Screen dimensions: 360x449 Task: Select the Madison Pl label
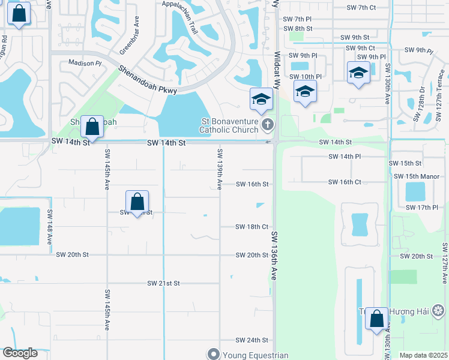(x=85, y=63)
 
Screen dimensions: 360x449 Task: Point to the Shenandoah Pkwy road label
(x=147, y=78)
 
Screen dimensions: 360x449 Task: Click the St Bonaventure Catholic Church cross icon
(x=268, y=125)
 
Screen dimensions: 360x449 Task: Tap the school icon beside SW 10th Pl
(x=304, y=92)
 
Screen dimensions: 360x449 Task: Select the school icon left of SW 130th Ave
(x=358, y=73)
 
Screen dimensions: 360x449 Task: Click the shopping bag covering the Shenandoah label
(x=92, y=127)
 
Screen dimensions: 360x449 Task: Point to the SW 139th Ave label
(x=220, y=169)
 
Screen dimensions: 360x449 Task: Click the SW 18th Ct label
(x=252, y=227)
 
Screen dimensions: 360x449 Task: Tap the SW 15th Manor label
(x=417, y=176)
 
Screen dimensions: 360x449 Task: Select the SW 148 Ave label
(x=49, y=228)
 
